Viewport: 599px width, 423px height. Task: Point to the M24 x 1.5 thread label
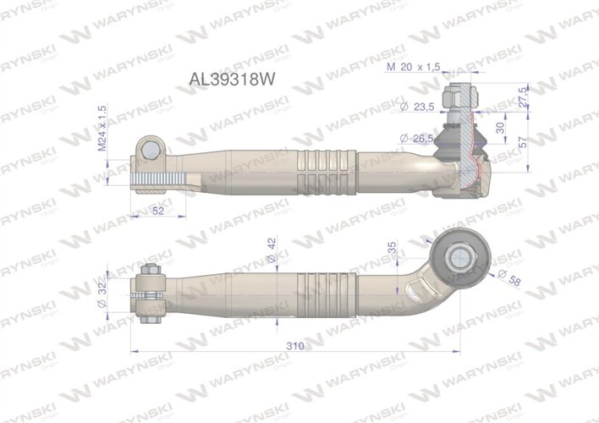click(103, 129)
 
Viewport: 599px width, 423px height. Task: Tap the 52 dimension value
click(157, 211)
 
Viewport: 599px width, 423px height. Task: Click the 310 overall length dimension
click(295, 347)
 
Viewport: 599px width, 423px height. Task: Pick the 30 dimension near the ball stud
click(500, 128)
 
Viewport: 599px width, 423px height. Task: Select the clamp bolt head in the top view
click(150, 150)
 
